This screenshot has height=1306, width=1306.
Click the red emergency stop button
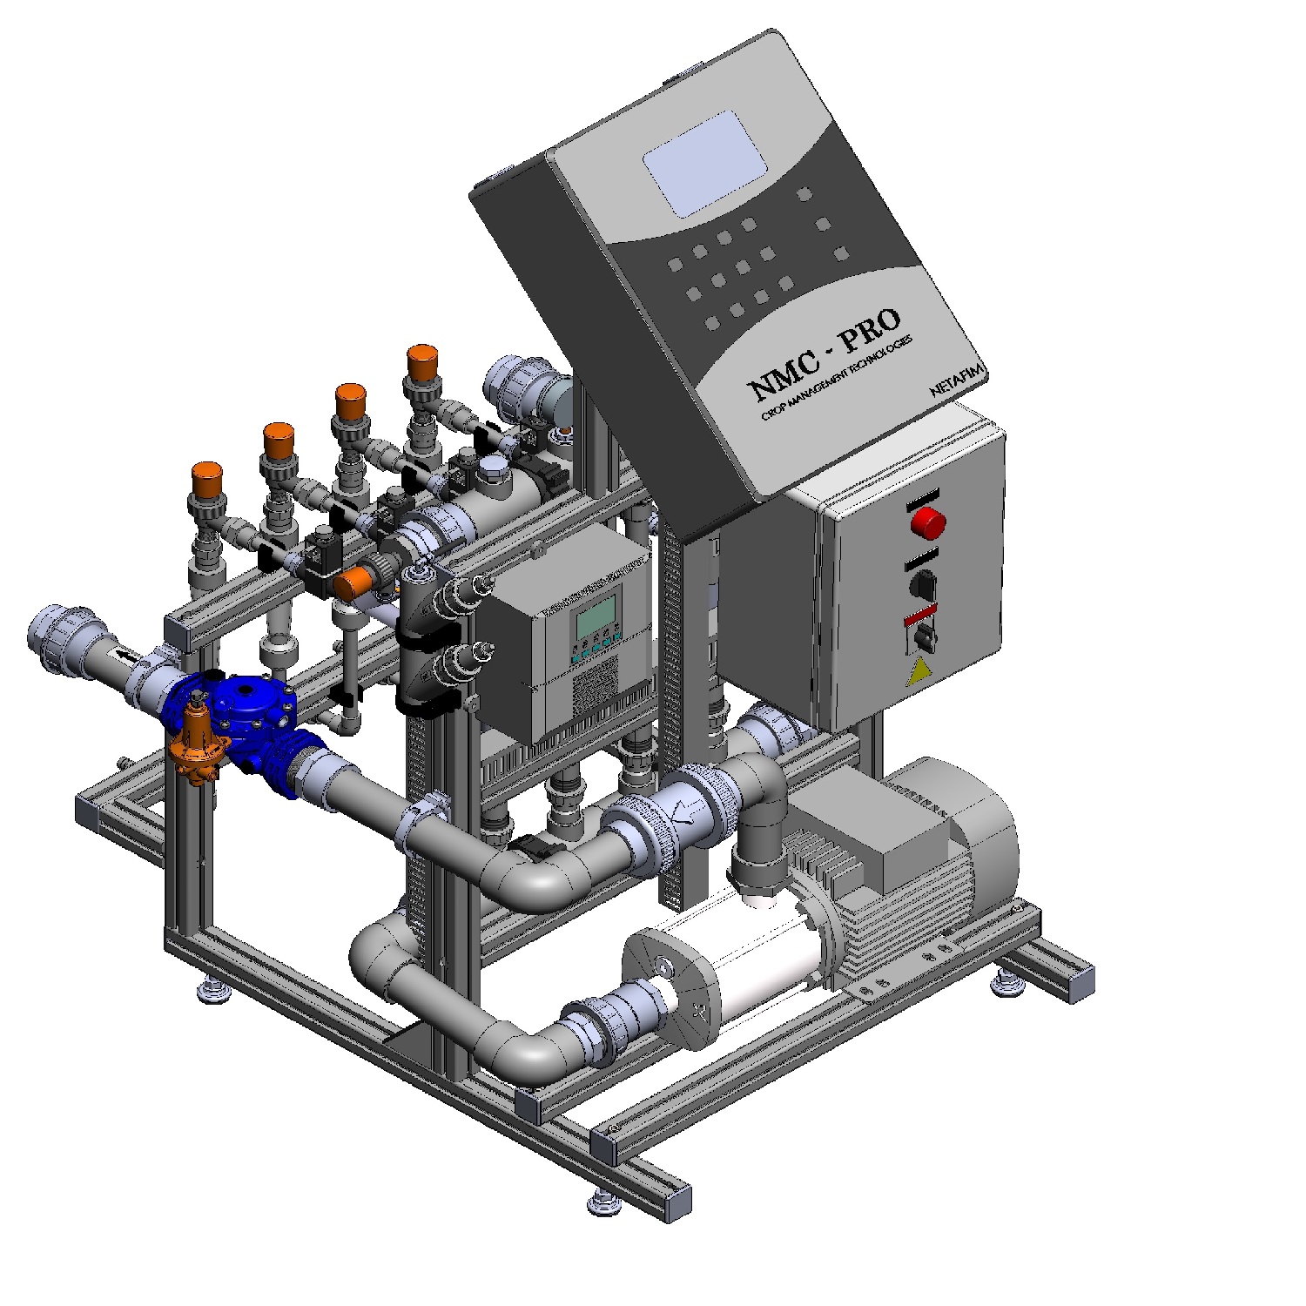point(928,522)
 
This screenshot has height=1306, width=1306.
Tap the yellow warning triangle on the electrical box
point(917,672)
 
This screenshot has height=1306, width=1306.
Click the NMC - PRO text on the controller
point(825,352)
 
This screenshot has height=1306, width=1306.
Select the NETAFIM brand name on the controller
point(956,380)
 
